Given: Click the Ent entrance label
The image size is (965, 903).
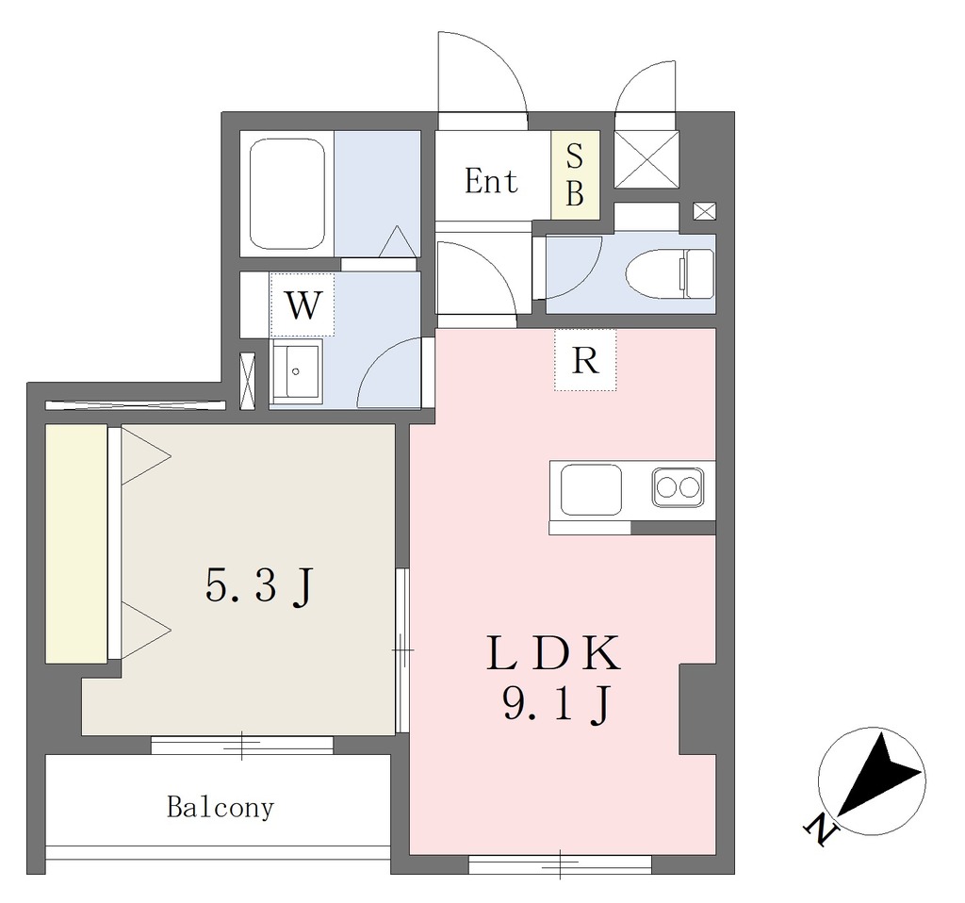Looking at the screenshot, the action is (491, 181).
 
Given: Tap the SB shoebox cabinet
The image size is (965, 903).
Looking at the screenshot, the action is (575, 174).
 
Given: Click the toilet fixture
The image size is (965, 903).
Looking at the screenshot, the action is (670, 273).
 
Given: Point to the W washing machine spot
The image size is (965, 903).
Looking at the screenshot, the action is (303, 304).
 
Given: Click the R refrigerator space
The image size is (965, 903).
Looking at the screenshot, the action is (584, 360).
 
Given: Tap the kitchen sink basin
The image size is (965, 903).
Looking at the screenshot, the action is (591, 489).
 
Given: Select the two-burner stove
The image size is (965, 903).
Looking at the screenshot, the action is (678, 487).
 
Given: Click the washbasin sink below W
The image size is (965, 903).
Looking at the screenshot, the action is (296, 371).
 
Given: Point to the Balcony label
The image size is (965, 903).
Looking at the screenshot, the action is (221, 807).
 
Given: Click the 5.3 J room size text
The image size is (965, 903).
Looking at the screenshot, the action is (260, 586).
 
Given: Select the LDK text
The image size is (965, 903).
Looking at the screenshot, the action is (553, 654).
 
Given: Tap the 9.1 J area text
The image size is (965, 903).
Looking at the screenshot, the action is (556, 703).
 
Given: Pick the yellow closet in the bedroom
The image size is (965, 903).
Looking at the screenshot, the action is (76, 544).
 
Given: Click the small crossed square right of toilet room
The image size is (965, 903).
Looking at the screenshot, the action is (705, 211).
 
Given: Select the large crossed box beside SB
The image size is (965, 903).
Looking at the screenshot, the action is (646, 159).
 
